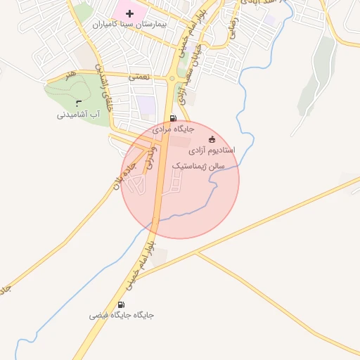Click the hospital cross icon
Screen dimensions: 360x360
[129, 13]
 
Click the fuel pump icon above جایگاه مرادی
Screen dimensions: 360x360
[173, 117]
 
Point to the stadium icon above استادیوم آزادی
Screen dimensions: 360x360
[212, 139]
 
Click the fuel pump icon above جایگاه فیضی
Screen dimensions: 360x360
[122, 304]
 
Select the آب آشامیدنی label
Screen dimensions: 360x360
[79, 115]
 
